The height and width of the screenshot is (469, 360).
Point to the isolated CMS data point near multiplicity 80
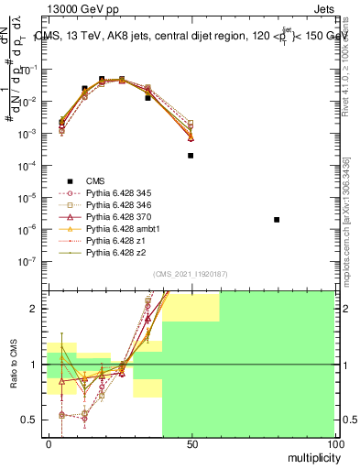click(x=277, y=220)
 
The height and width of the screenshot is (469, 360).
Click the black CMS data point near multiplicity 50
click(x=191, y=156)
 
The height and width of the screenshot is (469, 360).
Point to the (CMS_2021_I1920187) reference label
click(x=191, y=274)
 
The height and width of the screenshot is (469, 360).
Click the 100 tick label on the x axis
click(x=334, y=443)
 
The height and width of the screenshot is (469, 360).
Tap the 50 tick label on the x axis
click(x=191, y=443)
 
